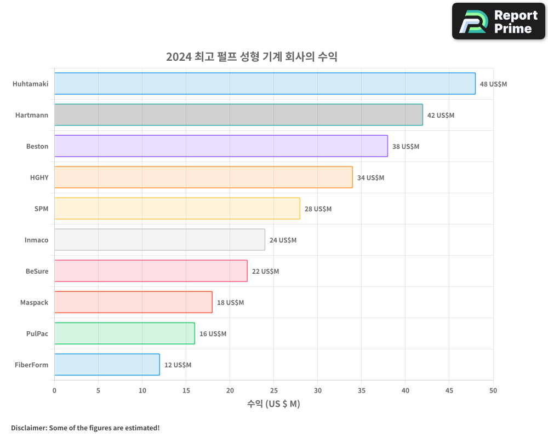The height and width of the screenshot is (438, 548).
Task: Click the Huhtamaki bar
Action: point(265,84)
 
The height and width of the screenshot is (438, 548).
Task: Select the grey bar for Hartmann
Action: point(238,115)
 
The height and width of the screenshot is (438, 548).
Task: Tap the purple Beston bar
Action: point(221,146)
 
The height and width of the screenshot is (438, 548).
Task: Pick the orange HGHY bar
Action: point(203,177)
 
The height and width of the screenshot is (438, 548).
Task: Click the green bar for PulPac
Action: point(124,333)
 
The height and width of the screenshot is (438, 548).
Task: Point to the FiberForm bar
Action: point(107,365)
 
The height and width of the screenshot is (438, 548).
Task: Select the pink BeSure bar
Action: point(151,271)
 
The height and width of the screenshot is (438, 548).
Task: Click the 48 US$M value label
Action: point(493,84)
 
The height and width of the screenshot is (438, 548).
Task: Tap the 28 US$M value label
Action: point(318,209)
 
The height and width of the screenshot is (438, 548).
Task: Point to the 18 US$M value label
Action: point(230,303)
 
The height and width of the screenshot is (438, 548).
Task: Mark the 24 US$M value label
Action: point(283,240)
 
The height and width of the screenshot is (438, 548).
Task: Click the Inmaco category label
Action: point(36,240)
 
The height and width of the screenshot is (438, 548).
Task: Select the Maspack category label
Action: point(34,303)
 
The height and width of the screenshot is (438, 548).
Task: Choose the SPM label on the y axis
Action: point(41,209)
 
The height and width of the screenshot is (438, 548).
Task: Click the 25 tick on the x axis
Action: point(274,390)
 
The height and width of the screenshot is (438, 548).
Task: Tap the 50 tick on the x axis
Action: point(493,390)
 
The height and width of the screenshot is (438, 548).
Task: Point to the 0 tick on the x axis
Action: point(54,390)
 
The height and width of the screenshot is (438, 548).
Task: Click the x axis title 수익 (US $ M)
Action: point(273,404)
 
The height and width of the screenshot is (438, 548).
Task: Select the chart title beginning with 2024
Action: point(252,57)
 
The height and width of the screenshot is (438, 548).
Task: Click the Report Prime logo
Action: point(499,21)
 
